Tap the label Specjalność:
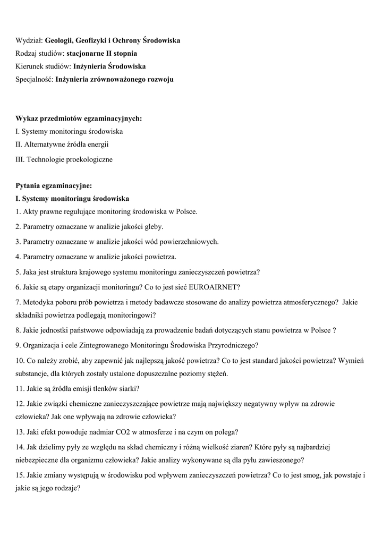click(35, 80)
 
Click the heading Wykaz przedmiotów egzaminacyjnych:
click(79, 118)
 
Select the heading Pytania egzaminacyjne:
click(54, 185)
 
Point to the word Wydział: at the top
click(29, 40)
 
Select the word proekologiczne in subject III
click(88, 159)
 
